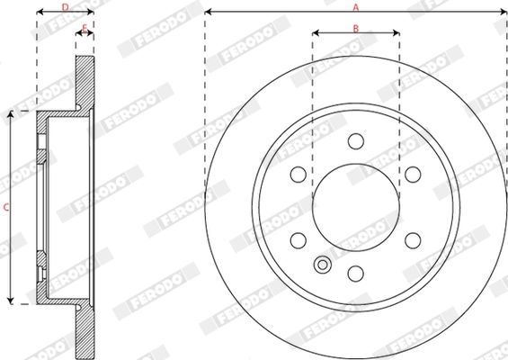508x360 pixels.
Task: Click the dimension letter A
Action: click(355, 7)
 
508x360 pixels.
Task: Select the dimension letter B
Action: click(355, 29)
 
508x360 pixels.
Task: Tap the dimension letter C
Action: click(5, 208)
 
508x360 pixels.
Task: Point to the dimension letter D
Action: click(65, 7)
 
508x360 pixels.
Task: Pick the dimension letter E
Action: click(85, 29)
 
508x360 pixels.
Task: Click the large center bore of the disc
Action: click(355, 207)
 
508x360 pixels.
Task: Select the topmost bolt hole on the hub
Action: click(355, 141)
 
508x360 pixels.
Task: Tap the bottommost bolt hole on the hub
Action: click(355, 273)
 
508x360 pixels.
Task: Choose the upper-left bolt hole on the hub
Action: click(299, 175)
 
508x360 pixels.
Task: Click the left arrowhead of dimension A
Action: click(209, 13)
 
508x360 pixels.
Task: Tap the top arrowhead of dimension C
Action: click(11, 114)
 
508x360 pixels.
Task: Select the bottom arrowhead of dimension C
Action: click(11, 301)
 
